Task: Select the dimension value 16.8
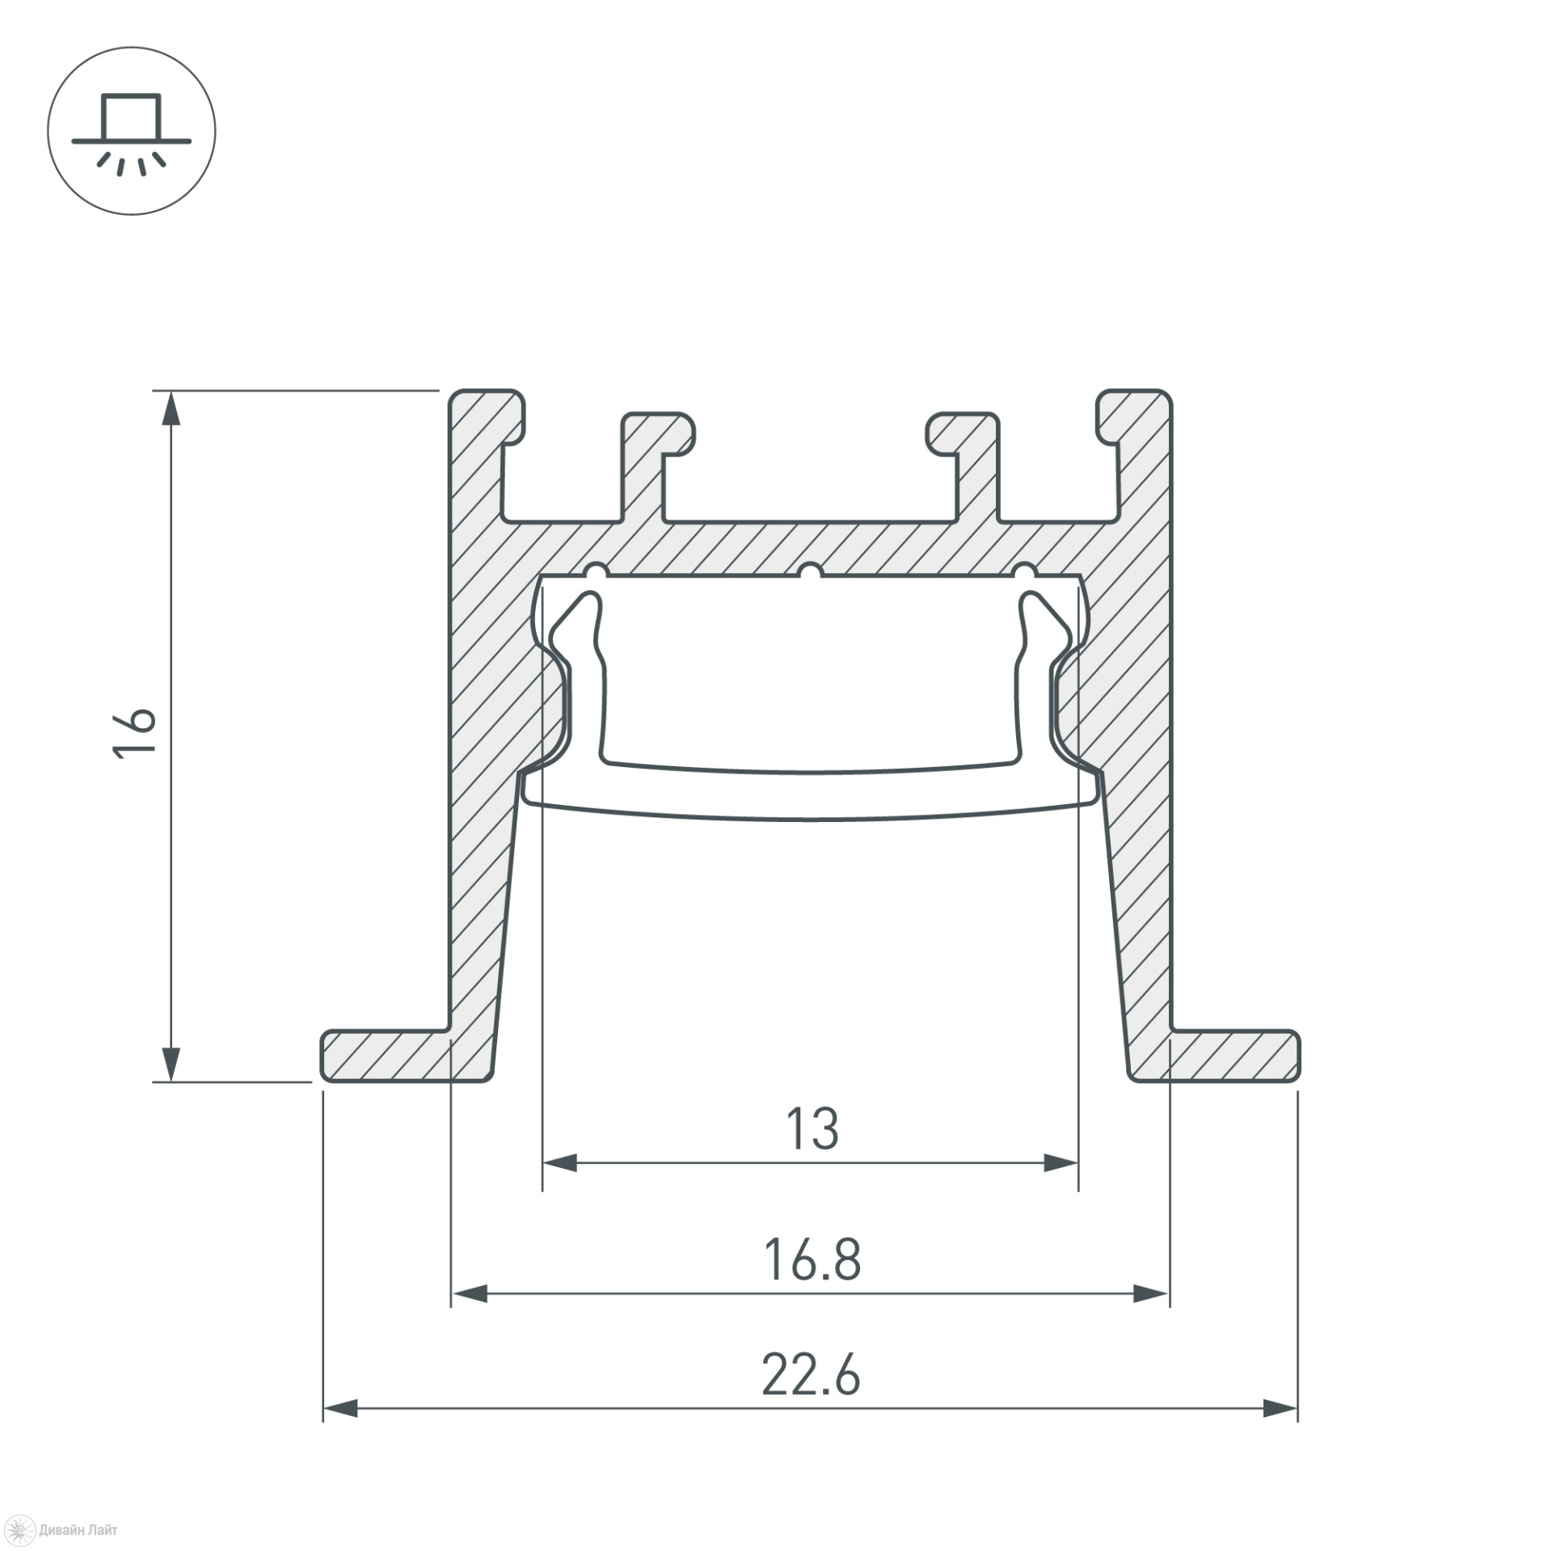coord(812,1260)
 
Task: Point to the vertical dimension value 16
coord(134,731)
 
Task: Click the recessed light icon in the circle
coord(132,133)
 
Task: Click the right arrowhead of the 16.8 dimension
coord(1151,1294)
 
